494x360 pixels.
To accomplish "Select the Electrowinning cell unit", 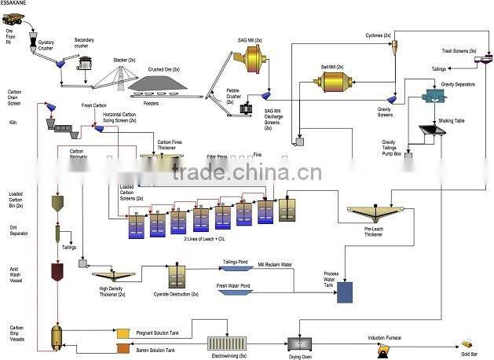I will (x=227, y=344).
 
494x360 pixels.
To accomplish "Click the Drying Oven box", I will (x=300, y=344).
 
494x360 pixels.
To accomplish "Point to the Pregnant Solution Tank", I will (x=123, y=334).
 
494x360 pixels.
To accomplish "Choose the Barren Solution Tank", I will (x=123, y=349).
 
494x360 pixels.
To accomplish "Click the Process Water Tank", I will (x=344, y=292).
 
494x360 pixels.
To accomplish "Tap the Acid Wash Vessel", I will (x=57, y=272).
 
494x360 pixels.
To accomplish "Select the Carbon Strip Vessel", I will (x=57, y=336).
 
